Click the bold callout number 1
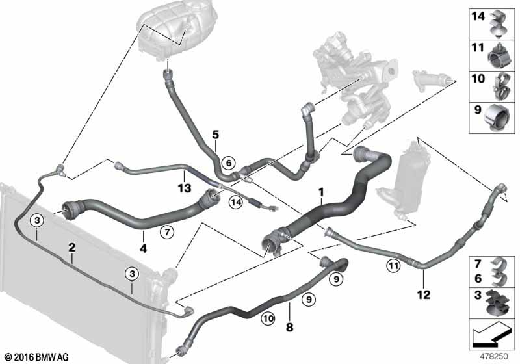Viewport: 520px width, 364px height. click(x=320, y=192)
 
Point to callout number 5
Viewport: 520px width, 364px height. click(x=214, y=135)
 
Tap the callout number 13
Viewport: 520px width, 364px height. click(x=185, y=188)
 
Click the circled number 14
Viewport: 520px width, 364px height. click(x=235, y=202)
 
